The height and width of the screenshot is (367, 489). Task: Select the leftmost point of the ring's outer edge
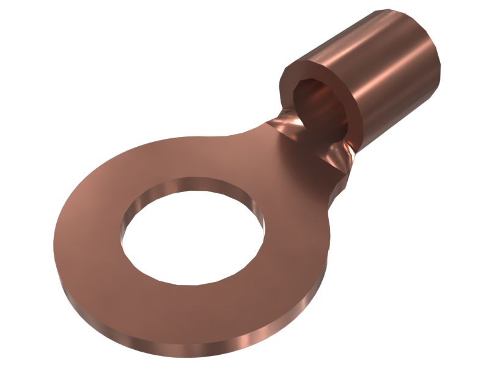[x=54, y=239]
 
